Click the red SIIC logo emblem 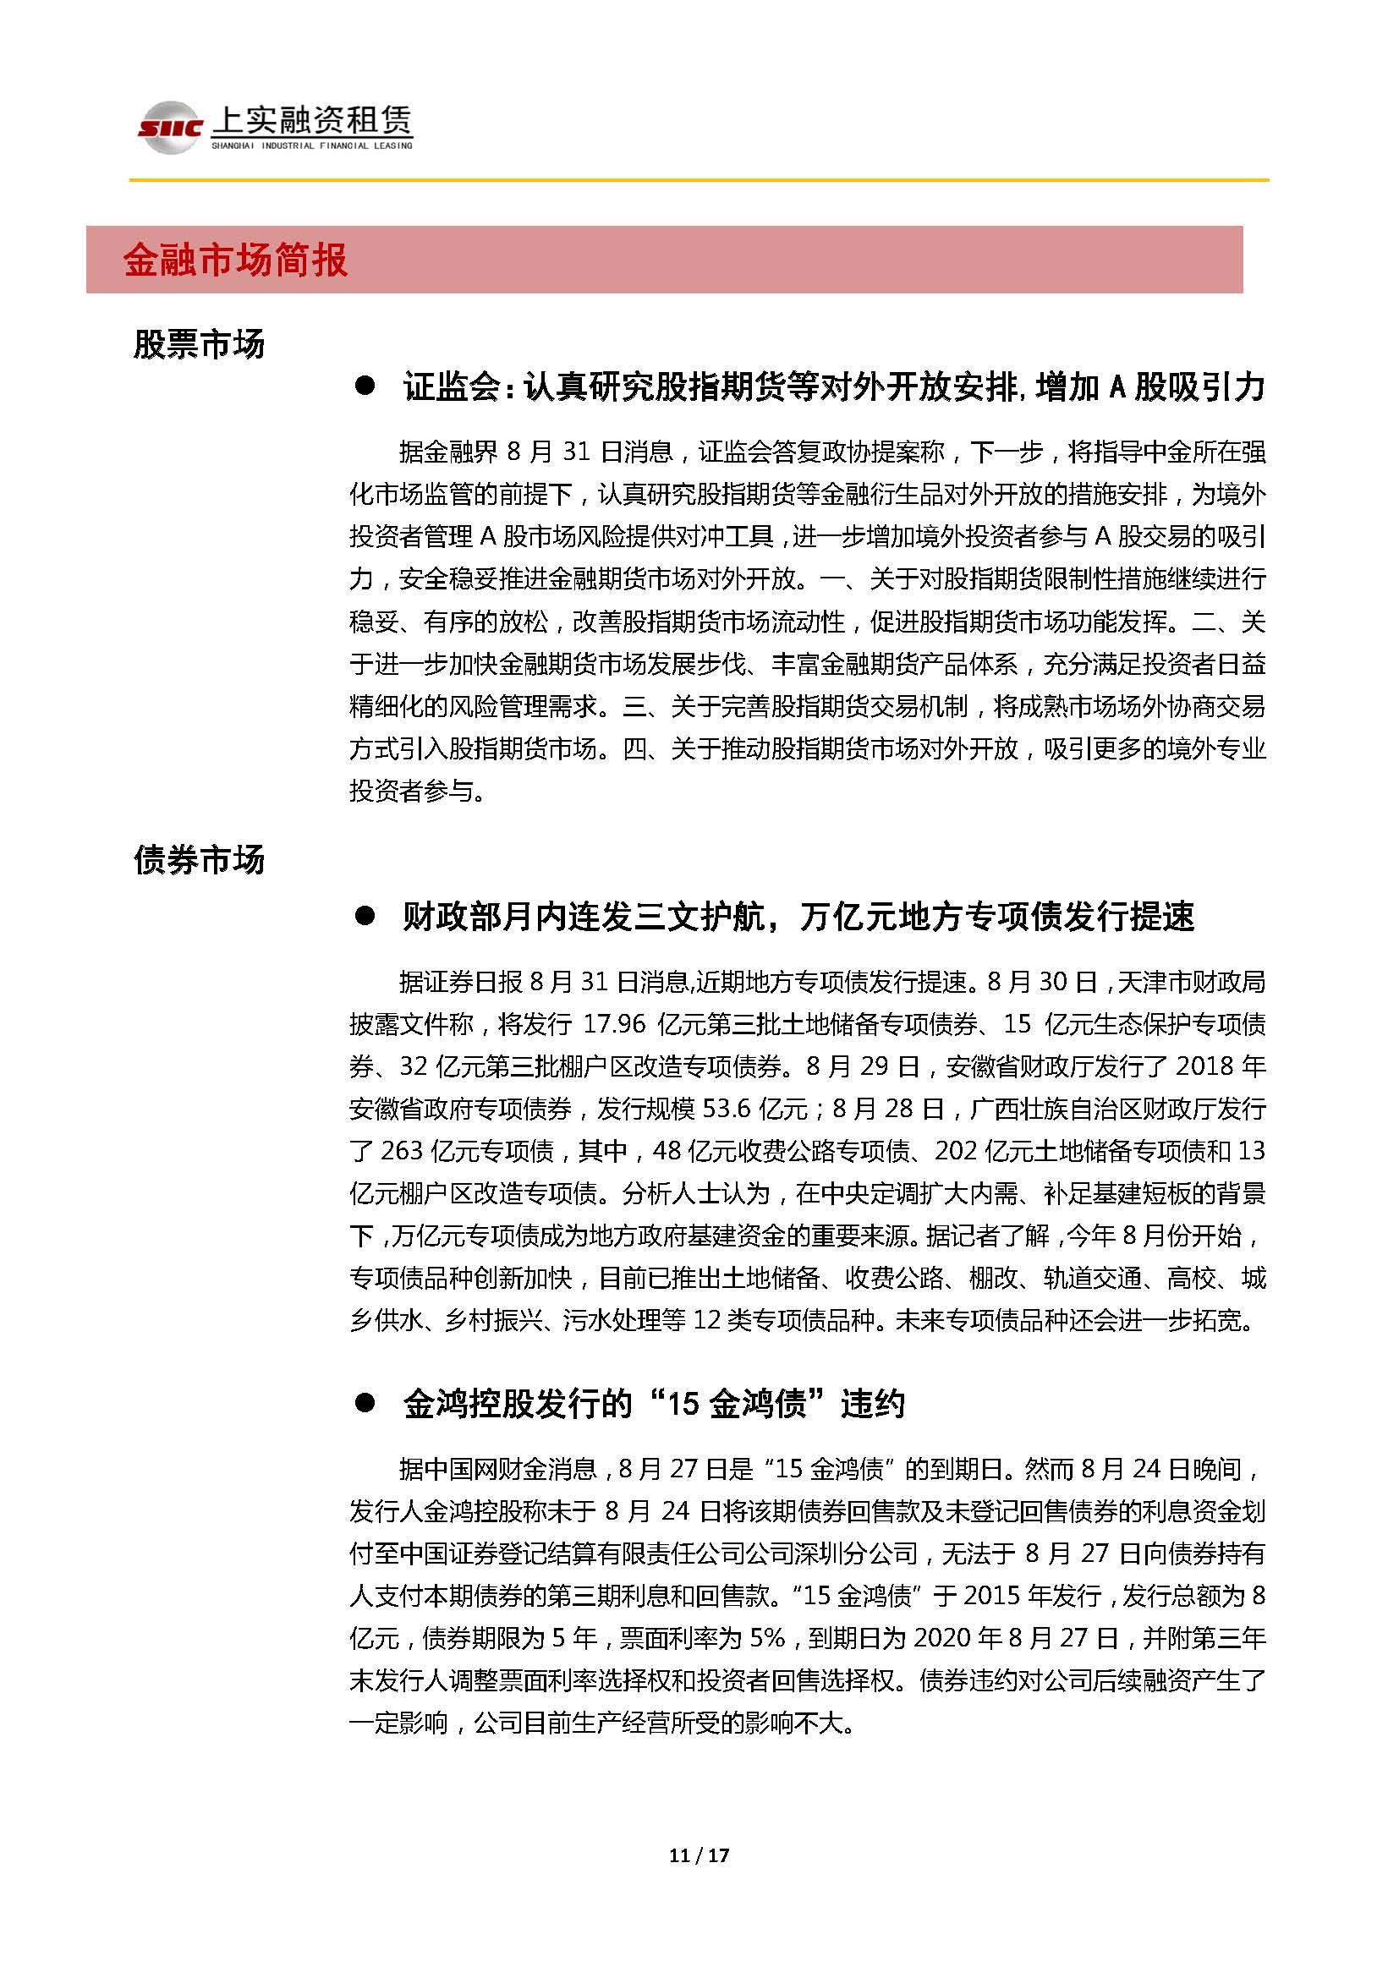(x=170, y=129)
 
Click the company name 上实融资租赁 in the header (x=312, y=122)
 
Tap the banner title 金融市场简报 (x=235, y=260)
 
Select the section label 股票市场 (x=199, y=344)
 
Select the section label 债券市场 (x=199, y=861)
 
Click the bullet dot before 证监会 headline (x=365, y=387)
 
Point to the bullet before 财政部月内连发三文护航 (x=365, y=918)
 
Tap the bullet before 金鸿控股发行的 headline (x=365, y=1404)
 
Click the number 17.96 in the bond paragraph (x=613, y=1024)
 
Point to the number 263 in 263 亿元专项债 (x=401, y=1151)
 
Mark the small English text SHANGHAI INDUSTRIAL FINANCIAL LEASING (x=312, y=146)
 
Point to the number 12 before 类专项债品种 (x=706, y=1321)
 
